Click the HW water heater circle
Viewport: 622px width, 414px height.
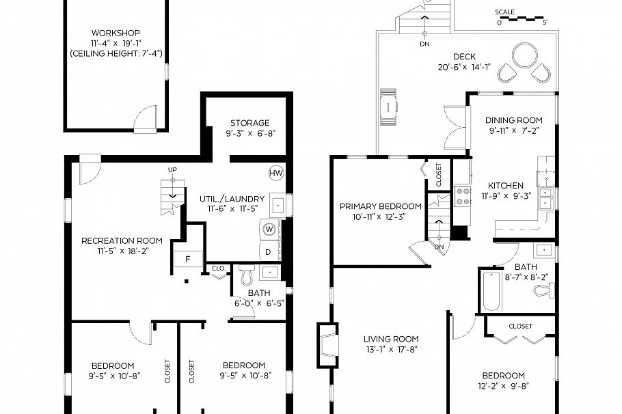[x=275, y=173]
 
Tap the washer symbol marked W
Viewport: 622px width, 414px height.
[x=269, y=229]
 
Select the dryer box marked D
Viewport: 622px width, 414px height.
[x=269, y=251]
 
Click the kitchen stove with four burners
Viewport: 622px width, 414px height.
[x=463, y=196]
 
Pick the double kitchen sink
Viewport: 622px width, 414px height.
[x=546, y=199]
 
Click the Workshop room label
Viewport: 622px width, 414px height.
[x=116, y=33]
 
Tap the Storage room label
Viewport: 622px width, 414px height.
[x=249, y=123]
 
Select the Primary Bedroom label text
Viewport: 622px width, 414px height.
[x=381, y=206]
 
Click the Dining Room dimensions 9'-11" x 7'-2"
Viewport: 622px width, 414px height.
[x=515, y=130]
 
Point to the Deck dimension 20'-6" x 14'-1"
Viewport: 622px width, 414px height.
[x=465, y=67]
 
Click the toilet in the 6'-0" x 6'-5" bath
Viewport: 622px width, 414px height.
[x=247, y=275]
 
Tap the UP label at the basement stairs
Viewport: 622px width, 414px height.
[x=172, y=169]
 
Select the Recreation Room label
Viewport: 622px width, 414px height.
[x=122, y=240]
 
